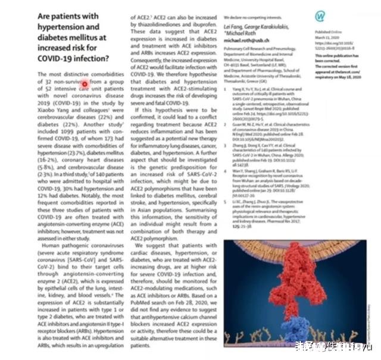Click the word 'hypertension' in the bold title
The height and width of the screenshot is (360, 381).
(78, 28)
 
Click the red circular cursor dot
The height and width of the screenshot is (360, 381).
(85, 85)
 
